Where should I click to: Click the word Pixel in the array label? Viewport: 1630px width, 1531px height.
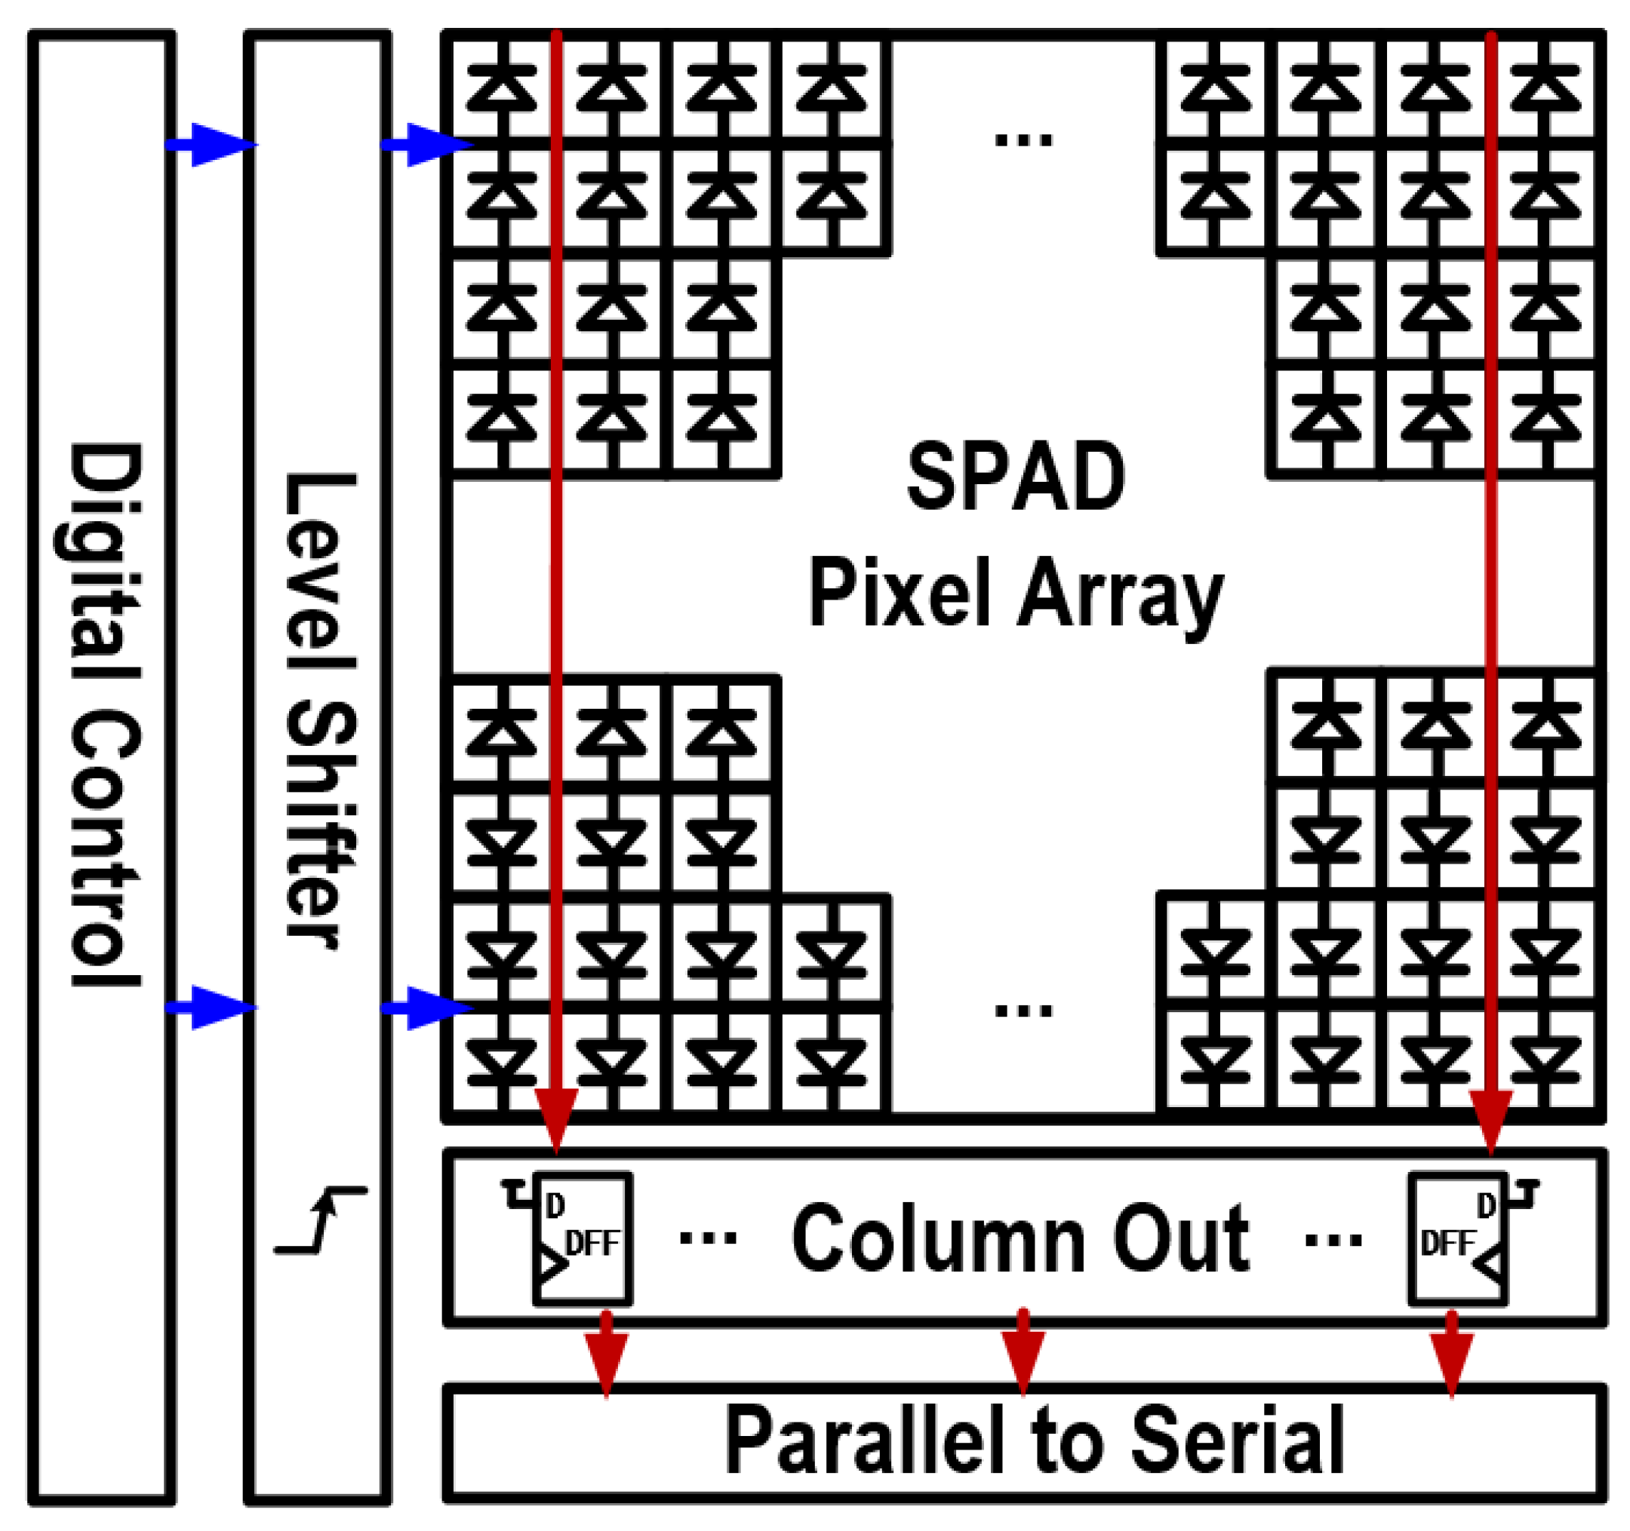pos(899,592)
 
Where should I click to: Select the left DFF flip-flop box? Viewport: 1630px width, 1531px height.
pos(582,1239)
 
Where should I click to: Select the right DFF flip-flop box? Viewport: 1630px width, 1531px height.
pos(1458,1239)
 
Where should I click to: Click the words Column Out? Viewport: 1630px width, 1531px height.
pos(1020,1239)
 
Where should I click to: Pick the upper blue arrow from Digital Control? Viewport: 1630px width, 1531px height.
pos(211,145)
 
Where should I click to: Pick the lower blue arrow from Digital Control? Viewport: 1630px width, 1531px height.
pos(211,1008)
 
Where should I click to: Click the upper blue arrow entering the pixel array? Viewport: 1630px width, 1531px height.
pos(427,145)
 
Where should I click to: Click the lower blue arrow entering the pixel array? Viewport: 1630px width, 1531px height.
pos(427,1008)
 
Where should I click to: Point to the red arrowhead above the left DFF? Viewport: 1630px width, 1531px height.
pos(557,1118)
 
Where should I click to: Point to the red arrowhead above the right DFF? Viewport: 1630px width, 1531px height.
pos(1490,1118)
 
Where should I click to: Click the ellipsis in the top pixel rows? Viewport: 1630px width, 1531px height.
pos(1023,140)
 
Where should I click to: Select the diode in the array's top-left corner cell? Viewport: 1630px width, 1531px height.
pos(502,88)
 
